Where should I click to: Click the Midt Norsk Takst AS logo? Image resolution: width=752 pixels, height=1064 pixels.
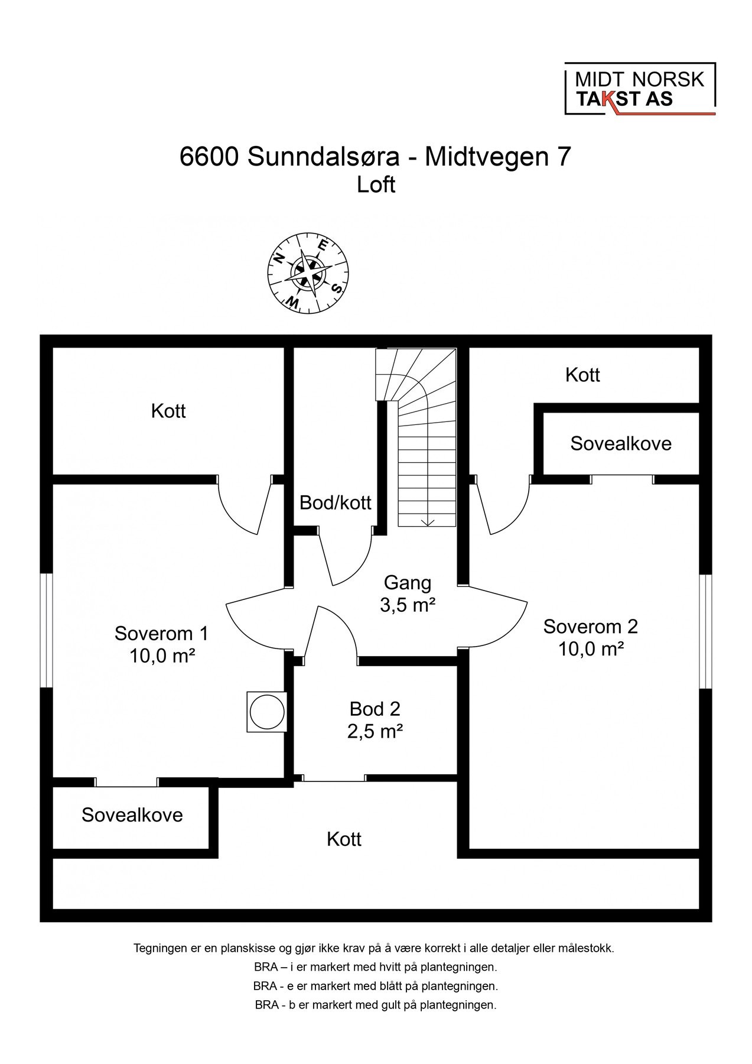click(x=640, y=89)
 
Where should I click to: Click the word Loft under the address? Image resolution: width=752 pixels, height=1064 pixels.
click(x=376, y=185)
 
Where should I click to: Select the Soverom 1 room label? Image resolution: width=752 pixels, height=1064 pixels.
click(x=162, y=644)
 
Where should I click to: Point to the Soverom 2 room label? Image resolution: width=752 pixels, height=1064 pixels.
click(x=591, y=637)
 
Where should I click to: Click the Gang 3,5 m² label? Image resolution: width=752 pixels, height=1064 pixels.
click(x=408, y=594)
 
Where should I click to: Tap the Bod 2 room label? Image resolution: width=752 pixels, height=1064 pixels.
click(x=375, y=719)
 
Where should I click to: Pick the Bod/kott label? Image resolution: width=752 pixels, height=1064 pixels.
click(x=336, y=502)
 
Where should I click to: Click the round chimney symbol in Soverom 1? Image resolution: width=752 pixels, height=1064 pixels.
click(x=266, y=711)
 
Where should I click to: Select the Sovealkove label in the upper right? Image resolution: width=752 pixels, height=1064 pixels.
click(x=621, y=443)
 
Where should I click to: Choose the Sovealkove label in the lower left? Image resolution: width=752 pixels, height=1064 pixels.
click(x=132, y=815)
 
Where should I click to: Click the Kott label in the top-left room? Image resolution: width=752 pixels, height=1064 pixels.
click(x=168, y=411)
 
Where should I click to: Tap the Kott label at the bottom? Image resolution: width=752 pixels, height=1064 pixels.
click(x=344, y=839)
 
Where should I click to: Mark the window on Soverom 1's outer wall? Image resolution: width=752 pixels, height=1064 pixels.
click(x=46, y=630)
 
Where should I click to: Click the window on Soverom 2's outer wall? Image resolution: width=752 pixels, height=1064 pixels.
click(x=705, y=631)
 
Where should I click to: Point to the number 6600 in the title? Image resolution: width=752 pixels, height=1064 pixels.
click(x=210, y=157)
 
